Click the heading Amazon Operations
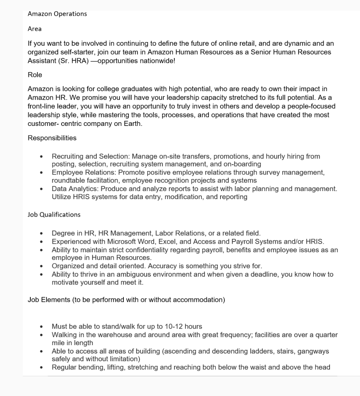tap(57, 14)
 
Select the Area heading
tap(35, 29)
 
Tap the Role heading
tap(35, 75)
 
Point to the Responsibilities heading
tap(52, 138)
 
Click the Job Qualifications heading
tap(54, 214)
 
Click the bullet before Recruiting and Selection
tap(43, 157)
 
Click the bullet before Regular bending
tap(43, 368)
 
